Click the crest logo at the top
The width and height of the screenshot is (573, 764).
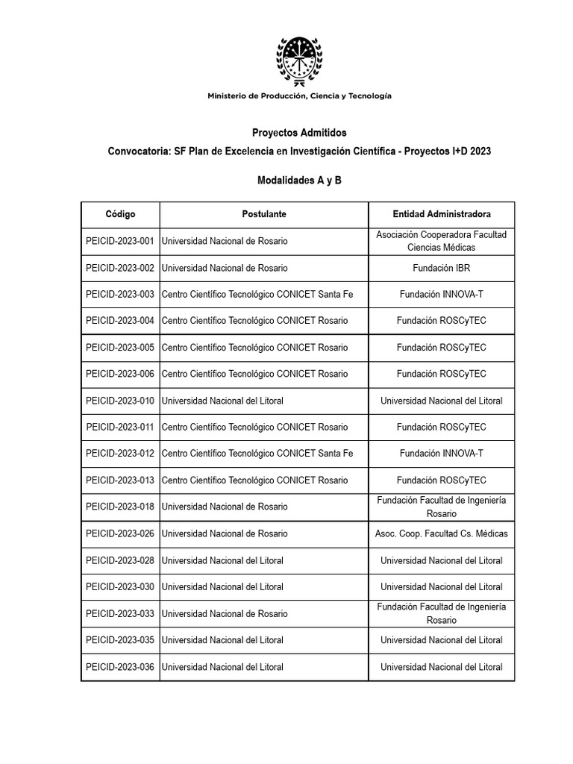tap(299, 59)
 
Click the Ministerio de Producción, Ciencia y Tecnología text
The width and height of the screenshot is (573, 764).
tap(299, 95)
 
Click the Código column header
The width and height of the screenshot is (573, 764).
tap(120, 214)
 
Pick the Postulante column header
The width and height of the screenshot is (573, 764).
tap(264, 214)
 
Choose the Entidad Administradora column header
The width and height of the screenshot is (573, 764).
tap(442, 214)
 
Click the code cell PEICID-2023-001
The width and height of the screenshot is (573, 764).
tap(120, 242)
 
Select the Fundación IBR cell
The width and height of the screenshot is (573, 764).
tap(442, 268)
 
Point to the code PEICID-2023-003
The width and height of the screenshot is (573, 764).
tap(120, 295)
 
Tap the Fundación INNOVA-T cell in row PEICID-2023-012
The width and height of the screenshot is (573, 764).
tap(442, 454)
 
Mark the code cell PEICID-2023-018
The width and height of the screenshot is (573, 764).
tap(120, 507)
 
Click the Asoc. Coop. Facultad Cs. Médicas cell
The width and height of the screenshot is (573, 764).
tap(442, 533)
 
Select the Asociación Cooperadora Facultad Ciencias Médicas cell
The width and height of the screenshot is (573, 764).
tap(442, 242)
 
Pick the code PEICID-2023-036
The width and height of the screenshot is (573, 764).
tap(120, 667)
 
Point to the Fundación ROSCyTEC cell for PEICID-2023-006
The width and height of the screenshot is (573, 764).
tap(442, 374)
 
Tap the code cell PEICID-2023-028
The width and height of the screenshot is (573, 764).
tap(120, 560)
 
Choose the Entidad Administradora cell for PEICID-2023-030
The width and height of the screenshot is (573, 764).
tap(442, 587)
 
